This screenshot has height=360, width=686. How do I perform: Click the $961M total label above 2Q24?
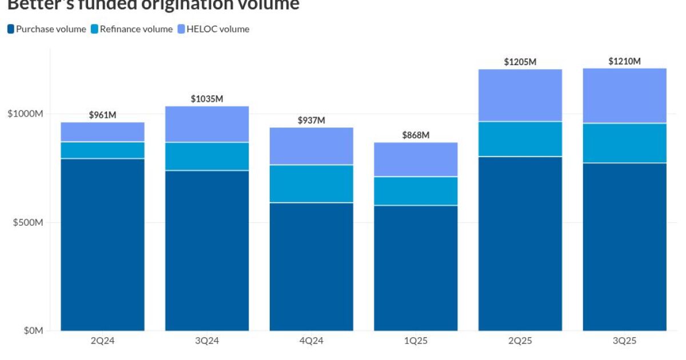tap(102, 115)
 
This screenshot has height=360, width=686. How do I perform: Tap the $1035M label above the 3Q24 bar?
tap(207, 99)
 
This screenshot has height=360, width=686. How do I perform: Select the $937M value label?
tap(312, 121)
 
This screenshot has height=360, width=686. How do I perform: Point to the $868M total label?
tap(416, 135)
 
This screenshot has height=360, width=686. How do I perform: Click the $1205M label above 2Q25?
tap(520, 62)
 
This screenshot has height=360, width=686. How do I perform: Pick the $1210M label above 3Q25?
tap(624, 61)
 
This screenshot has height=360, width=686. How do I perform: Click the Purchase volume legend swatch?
tap(11, 29)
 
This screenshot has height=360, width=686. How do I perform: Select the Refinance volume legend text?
tap(136, 29)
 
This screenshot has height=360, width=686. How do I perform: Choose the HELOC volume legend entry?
tap(218, 29)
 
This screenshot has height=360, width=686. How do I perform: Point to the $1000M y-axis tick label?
tap(26, 114)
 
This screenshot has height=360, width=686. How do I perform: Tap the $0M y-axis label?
tap(33, 330)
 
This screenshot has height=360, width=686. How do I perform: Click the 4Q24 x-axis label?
tap(312, 341)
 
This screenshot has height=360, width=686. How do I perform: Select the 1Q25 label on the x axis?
tap(416, 341)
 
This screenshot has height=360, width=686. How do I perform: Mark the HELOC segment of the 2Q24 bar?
tap(102, 132)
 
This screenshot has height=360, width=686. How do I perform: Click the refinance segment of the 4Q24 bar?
tap(312, 184)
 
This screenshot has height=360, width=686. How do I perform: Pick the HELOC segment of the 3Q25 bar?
tap(624, 96)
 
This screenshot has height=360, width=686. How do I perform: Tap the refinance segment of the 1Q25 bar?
tap(416, 191)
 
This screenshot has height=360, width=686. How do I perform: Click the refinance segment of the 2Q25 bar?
tap(520, 139)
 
